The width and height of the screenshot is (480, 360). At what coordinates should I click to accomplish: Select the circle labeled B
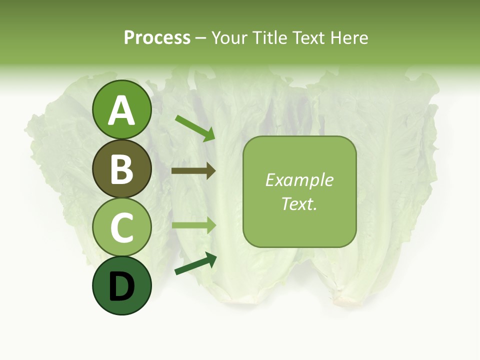122,168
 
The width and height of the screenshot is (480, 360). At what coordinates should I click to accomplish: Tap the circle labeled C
122,227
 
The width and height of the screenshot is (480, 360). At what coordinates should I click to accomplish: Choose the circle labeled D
122,285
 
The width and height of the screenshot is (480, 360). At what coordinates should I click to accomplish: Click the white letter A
122,111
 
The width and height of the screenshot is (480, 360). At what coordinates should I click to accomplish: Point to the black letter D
122,286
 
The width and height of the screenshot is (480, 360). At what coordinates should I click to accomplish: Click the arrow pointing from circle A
195,128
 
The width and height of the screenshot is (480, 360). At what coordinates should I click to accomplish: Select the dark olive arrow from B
193,171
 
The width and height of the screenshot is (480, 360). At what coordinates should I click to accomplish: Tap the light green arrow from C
193,225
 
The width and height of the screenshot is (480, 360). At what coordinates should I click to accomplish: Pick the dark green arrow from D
195,264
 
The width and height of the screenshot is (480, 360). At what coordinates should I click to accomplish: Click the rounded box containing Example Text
299,191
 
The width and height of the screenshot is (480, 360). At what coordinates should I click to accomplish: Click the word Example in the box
299,180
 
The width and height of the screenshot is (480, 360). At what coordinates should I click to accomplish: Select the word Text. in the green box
299,204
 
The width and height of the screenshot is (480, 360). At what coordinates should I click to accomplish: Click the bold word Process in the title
157,38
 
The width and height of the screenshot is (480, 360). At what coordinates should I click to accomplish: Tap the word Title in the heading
270,38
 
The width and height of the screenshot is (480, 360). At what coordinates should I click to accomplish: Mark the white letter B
122,169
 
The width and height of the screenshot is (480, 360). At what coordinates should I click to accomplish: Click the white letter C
122,228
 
